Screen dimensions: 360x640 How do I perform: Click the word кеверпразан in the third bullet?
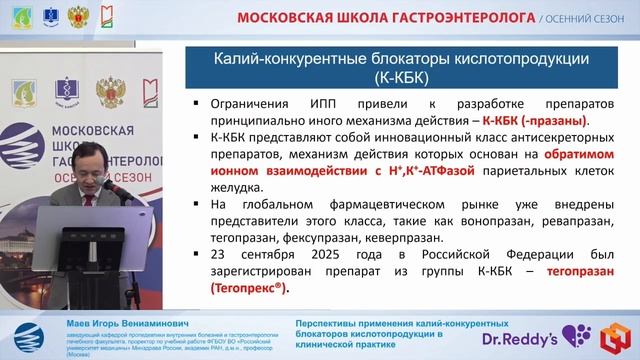tap(399, 238)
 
